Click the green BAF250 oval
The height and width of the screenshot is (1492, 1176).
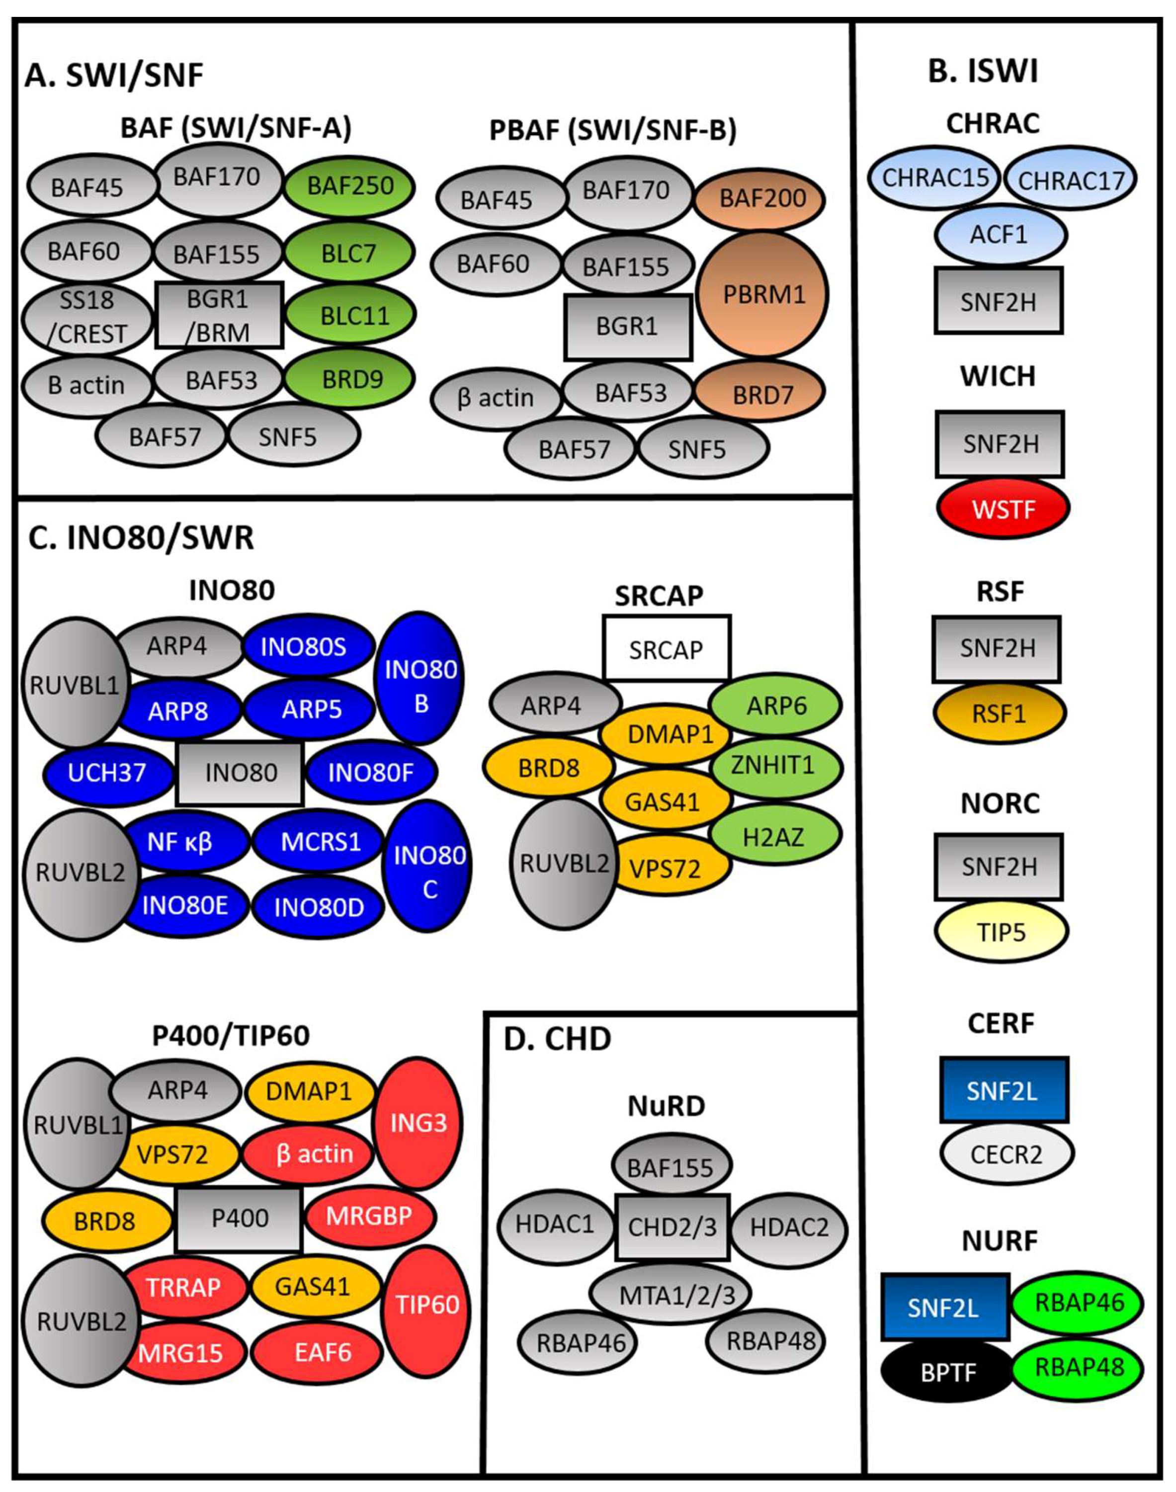tap(350, 186)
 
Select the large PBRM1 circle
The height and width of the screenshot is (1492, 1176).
tap(763, 295)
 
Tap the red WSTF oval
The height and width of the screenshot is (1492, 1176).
tap(1003, 510)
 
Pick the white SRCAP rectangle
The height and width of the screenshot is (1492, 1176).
tap(667, 649)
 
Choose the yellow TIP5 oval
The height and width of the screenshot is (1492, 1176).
tap(1001, 932)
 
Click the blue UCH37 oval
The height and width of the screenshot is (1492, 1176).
tap(107, 773)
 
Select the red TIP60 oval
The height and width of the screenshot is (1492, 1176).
tap(427, 1305)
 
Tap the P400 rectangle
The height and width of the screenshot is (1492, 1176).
tap(239, 1218)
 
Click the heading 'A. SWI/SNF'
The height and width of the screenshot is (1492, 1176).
tap(114, 75)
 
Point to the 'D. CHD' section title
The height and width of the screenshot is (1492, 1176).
tap(557, 1038)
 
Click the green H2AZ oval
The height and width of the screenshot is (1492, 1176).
tap(774, 837)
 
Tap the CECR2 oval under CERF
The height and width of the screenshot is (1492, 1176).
tap(1006, 1154)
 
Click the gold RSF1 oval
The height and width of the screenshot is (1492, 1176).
tap(999, 714)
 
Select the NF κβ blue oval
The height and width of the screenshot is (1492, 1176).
tap(180, 841)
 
